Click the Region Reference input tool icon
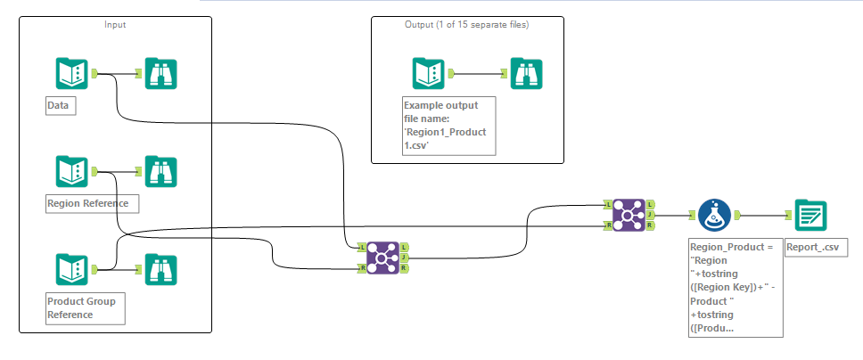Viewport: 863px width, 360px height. pyautogui.click(x=71, y=172)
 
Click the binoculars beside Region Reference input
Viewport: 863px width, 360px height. pyautogui.click(x=160, y=172)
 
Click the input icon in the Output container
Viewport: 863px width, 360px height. pyautogui.click(x=429, y=73)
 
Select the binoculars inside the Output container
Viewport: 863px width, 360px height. pyautogui.click(x=526, y=73)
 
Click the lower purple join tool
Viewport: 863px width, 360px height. pyautogui.click(x=382, y=258)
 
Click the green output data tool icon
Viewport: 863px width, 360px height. pyautogui.click(x=810, y=215)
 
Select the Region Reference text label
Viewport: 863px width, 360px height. pyautogui.click(x=87, y=203)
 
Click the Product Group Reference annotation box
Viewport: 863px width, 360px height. pyautogui.click(x=85, y=308)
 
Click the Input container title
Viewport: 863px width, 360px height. pyautogui.click(x=115, y=24)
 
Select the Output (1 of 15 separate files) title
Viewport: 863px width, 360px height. pyautogui.click(x=466, y=24)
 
